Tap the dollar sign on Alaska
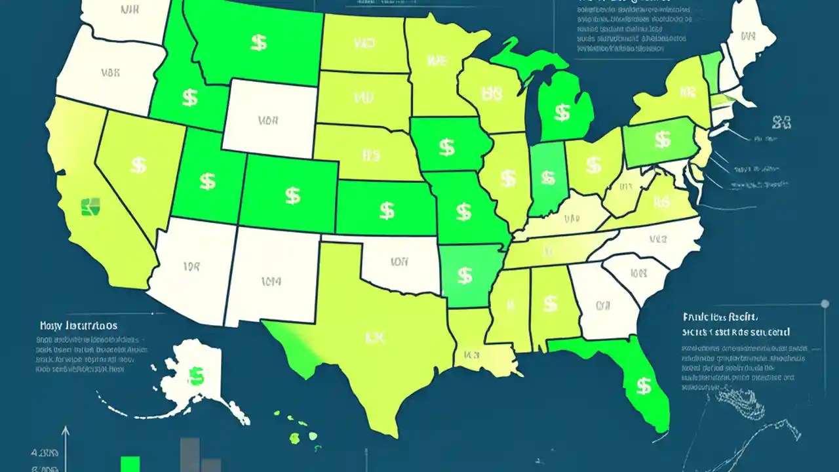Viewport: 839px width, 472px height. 195,375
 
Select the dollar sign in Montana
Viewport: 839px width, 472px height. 258,43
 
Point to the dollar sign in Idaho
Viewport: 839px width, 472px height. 190,98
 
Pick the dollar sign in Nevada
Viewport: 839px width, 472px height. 138,165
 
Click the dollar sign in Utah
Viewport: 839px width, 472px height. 207,181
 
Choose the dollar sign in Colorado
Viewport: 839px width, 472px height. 292,195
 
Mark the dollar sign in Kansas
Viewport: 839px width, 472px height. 387,210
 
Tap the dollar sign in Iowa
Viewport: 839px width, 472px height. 446,147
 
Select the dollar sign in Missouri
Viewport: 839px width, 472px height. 463,211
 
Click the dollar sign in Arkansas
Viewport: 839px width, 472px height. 465,275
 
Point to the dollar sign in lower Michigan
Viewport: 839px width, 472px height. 562,112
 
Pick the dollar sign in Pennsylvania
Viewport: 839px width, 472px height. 663,139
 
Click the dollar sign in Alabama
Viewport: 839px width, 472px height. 550,303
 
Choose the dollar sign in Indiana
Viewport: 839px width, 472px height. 546,176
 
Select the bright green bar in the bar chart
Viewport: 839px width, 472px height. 130,463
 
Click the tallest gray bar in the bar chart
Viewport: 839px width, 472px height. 190,454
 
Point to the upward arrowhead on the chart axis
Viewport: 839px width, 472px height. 65,431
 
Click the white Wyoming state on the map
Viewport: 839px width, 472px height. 269,118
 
